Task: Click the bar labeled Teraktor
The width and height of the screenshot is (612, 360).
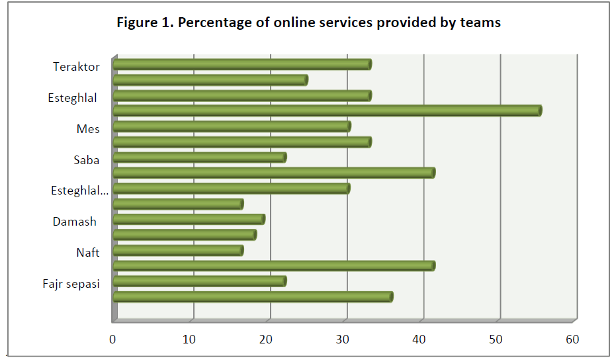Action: click(x=241, y=64)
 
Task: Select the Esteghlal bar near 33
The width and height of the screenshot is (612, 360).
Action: click(x=241, y=95)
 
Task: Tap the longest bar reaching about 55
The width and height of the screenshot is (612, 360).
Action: click(x=327, y=111)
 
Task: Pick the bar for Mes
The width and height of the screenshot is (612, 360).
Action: click(x=232, y=126)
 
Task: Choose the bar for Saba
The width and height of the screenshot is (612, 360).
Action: click(x=199, y=157)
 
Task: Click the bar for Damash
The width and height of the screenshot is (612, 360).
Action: click(x=189, y=219)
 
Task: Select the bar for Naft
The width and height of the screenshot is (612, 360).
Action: click(x=178, y=250)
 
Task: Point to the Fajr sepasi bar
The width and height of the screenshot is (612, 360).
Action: click(x=199, y=281)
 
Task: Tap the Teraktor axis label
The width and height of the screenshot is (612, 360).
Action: click(x=76, y=67)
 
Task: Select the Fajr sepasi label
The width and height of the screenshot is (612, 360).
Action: click(x=70, y=285)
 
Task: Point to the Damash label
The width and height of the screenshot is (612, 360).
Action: click(x=75, y=222)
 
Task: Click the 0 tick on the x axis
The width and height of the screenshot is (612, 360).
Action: click(x=113, y=340)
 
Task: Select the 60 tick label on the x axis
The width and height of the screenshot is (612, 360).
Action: click(x=572, y=340)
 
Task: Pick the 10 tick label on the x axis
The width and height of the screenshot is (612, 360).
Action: click(x=189, y=340)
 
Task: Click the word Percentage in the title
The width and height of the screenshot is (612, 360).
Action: click(x=210, y=23)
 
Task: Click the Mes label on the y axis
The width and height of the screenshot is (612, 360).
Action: click(x=88, y=129)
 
